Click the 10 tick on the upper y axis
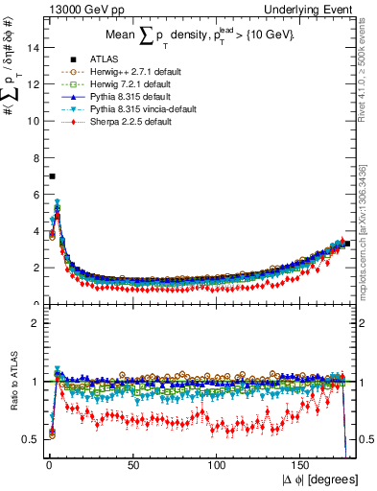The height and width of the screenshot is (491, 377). tap(35, 121)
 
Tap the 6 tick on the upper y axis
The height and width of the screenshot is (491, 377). tap(36, 195)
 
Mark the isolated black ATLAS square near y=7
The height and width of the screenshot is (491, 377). tap(52, 176)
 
